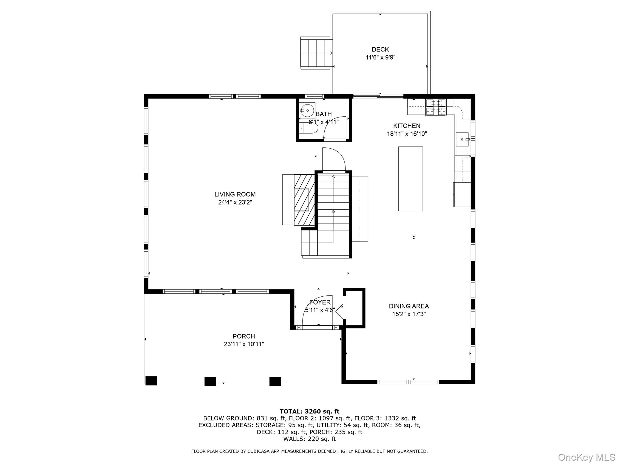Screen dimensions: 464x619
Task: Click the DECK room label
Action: tap(380, 49)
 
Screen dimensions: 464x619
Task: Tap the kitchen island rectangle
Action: tap(410, 179)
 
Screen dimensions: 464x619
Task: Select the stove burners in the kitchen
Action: tap(436, 107)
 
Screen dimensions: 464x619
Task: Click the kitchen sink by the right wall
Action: tap(462, 139)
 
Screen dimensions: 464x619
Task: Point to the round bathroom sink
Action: tap(307, 111)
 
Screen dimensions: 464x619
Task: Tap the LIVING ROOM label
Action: tap(235, 194)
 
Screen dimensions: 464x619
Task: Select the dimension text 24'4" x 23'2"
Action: tap(235, 202)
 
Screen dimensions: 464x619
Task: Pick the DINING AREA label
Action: tap(409, 306)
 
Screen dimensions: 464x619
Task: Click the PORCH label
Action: tap(244, 336)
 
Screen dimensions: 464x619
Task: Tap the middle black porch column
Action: tap(210, 381)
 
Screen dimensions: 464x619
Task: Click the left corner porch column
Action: tap(151, 381)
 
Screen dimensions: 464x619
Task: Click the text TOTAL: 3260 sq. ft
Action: tap(309, 411)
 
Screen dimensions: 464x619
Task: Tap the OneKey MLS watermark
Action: tap(586, 457)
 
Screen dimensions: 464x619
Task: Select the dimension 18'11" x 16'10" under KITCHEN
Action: tap(407, 134)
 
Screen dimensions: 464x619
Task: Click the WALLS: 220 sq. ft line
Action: tap(309, 439)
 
